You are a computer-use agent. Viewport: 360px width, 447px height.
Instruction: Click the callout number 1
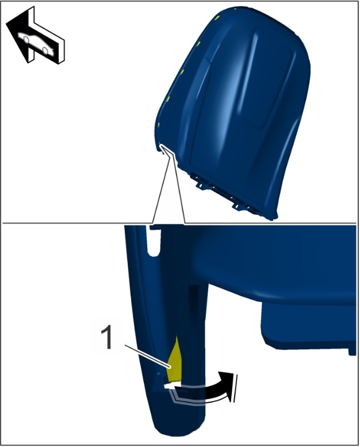coord(106,338)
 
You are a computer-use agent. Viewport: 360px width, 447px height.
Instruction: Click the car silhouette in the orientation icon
coord(36,44)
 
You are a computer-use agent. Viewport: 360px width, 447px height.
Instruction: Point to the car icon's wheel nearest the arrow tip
coord(26,39)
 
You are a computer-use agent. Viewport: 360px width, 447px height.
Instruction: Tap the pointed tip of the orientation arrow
coord(7,25)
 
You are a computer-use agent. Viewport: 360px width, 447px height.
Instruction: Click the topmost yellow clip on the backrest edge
coord(217,18)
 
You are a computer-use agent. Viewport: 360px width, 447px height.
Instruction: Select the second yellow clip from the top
coord(199,43)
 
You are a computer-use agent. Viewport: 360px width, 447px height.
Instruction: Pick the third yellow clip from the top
coord(182,71)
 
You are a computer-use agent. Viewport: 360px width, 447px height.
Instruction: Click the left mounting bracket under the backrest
coord(201,184)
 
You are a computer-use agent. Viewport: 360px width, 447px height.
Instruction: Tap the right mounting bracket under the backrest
coord(238,206)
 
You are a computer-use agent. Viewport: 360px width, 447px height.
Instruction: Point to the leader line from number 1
coord(147,356)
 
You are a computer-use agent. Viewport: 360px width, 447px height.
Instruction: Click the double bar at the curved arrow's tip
coord(235,388)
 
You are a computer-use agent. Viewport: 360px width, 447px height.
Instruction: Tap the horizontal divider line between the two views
coord(179,223)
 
